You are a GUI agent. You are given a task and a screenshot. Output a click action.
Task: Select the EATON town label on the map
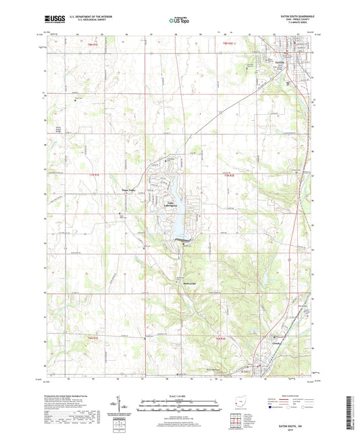click(x=282, y=62)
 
